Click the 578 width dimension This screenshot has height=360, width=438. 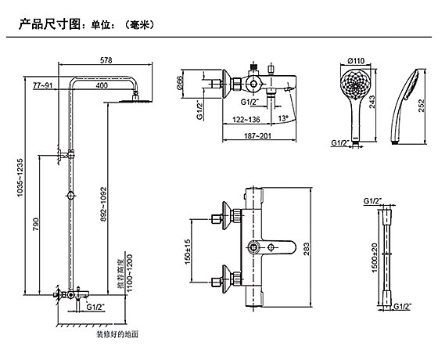point(106,60)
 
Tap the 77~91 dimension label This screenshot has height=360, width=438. point(43,85)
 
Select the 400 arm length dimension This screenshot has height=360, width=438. point(102,85)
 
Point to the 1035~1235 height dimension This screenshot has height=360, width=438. point(20,178)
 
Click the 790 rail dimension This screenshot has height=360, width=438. point(36,225)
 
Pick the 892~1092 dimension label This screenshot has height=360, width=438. point(103,204)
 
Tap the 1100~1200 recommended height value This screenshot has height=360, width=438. point(129,273)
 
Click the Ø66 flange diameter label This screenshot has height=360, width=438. point(179,83)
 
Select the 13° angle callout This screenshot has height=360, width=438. point(282,118)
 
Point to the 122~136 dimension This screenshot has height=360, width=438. point(246,120)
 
